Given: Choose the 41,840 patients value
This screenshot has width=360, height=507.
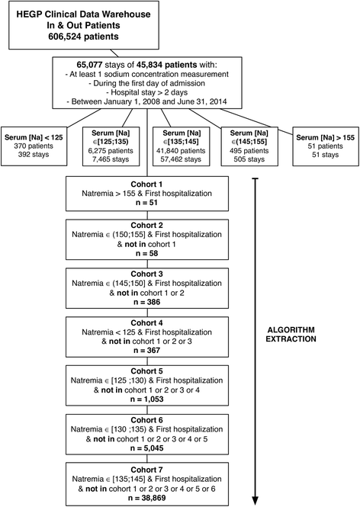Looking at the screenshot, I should [180, 149].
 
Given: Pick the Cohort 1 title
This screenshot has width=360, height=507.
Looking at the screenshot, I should [180, 184].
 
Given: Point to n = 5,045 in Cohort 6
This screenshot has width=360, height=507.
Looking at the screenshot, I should [180, 441].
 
